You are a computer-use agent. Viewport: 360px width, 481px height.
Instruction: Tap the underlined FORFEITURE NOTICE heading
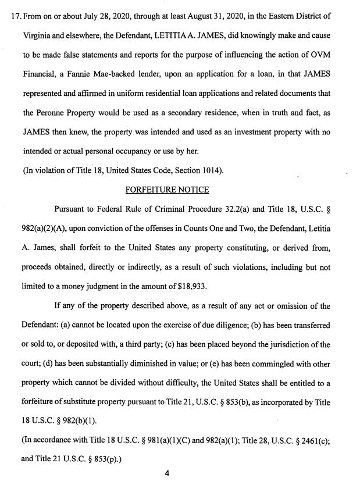(167, 190)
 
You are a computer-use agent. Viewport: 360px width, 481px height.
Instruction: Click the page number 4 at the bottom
(166, 473)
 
